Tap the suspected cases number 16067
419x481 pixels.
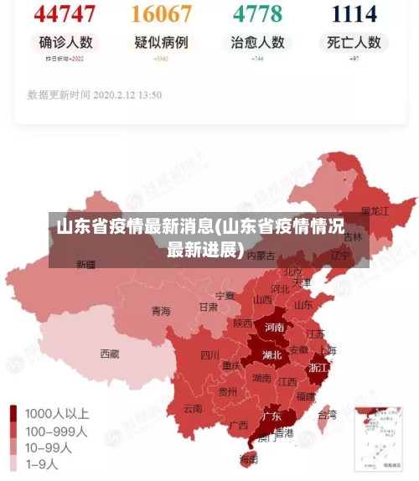tap(162, 13)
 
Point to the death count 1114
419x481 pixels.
tap(354, 13)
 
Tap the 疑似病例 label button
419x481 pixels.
tap(162, 43)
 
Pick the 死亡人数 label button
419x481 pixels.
tap(354, 43)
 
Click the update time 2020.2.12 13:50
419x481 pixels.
tap(95, 95)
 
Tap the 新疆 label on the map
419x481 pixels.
tap(86, 265)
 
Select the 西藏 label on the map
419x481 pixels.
tap(110, 354)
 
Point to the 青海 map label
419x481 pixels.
tap(161, 311)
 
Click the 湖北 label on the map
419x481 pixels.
tap(272, 354)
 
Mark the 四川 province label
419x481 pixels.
tap(209, 354)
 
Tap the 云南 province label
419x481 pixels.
tap(193, 409)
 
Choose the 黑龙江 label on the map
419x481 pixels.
tap(375, 211)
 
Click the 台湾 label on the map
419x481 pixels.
tap(326, 414)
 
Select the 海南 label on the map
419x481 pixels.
tap(249, 458)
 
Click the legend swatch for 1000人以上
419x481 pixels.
tap(14, 413)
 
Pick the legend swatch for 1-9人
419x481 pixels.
tap(14, 463)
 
